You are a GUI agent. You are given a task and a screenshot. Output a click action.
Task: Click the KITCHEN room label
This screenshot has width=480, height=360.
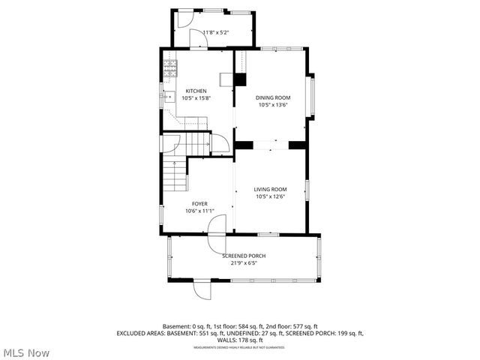click(x=196, y=91)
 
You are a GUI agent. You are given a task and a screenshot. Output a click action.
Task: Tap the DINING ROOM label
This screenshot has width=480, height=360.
click(x=273, y=97)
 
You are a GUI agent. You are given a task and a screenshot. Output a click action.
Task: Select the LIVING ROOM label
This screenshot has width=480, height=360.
click(x=270, y=189)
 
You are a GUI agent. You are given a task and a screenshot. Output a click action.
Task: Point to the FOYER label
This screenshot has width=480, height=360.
click(x=199, y=204)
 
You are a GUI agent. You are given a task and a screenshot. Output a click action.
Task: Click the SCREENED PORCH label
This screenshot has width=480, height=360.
click(x=244, y=256)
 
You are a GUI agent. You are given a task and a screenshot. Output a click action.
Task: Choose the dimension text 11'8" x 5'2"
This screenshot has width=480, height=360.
click(x=216, y=32)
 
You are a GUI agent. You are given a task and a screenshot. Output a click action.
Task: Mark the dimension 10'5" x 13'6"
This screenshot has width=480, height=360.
click(x=273, y=105)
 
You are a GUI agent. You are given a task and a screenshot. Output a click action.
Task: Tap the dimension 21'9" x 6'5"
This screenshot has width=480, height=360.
click(x=244, y=263)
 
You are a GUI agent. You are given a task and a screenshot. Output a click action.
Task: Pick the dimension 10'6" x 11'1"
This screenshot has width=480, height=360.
click(x=199, y=211)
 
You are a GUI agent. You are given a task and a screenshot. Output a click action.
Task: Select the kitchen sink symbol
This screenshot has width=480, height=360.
click(x=169, y=96)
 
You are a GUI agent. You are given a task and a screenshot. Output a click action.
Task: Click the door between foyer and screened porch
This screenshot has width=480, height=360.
click(x=216, y=241)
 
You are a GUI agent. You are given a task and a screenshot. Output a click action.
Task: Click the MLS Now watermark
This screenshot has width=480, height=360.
click(x=27, y=352)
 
